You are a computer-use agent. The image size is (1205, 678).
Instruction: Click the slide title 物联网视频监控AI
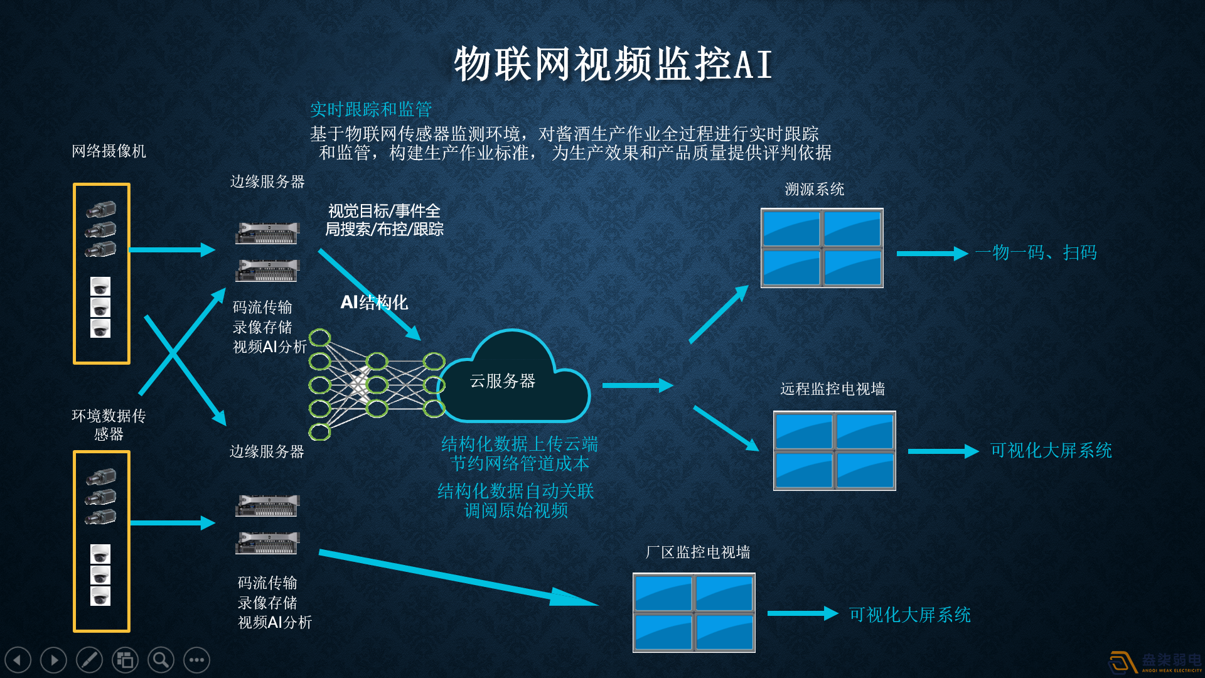pyautogui.click(x=613, y=64)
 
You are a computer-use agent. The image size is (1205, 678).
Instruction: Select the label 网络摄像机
pyautogui.click(x=109, y=151)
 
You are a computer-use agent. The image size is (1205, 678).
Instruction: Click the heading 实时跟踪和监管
pyautogui.click(x=371, y=110)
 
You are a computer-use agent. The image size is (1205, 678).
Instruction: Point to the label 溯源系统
pyautogui.click(x=814, y=190)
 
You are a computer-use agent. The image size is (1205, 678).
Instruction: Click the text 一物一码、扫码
pyautogui.click(x=1036, y=253)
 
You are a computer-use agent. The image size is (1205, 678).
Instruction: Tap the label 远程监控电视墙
pyautogui.click(x=832, y=389)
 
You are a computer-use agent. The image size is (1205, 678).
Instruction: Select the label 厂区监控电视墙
pyautogui.click(x=697, y=552)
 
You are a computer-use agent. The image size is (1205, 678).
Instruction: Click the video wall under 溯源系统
pyautogui.click(x=822, y=248)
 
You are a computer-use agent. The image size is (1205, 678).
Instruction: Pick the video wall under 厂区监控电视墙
pyautogui.click(x=694, y=613)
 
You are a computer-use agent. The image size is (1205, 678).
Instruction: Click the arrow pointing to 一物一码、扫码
pyautogui.click(x=931, y=254)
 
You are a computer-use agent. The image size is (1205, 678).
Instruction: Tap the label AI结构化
pyautogui.click(x=374, y=303)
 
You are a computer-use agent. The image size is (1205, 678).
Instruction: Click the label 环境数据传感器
pyautogui.click(x=109, y=424)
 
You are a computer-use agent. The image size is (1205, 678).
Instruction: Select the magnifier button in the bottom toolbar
pyautogui.click(x=161, y=660)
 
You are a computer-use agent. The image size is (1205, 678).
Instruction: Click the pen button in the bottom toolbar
pyautogui.click(x=89, y=660)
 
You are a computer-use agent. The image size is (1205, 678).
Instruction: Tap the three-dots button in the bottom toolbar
pyautogui.click(x=196, y=660)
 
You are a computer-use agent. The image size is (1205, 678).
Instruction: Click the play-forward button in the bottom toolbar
pyautogui.click(x=53, y=660)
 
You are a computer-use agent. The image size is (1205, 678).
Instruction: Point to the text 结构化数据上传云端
pyautogui.click(x=519, y=444)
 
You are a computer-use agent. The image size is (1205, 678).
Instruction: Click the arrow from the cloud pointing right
pyautogui.click(x=637, y=385)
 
